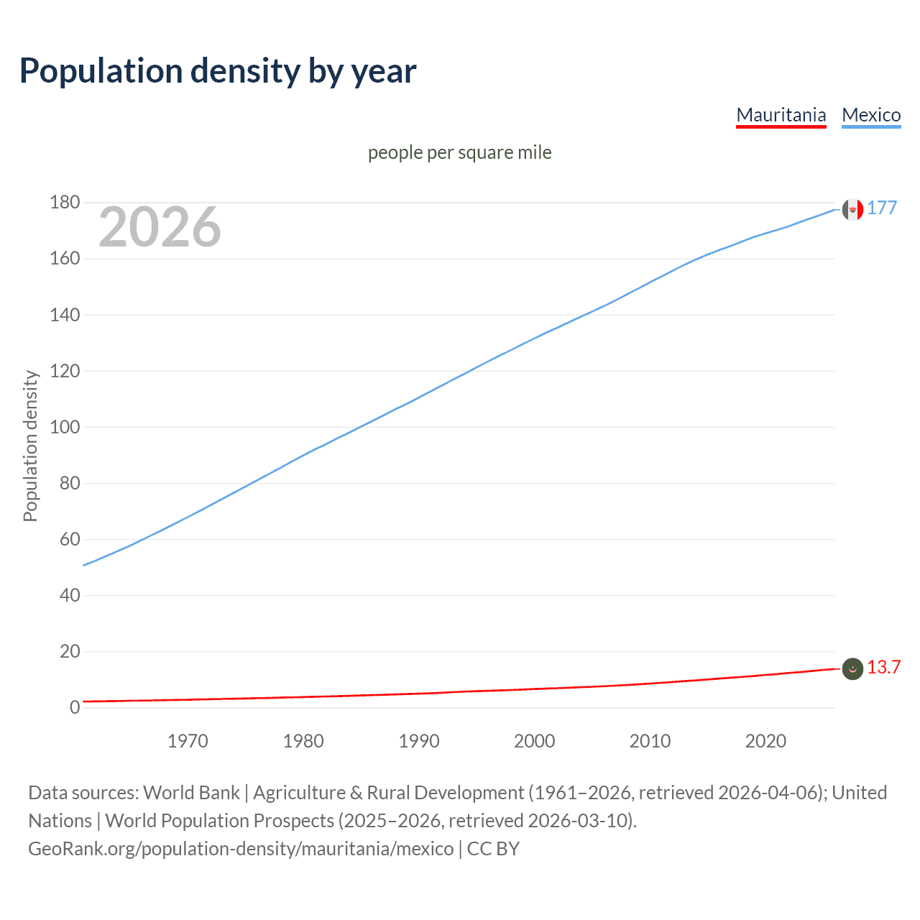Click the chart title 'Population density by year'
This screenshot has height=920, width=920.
coord(218,71)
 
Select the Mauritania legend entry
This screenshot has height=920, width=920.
coord(781,115)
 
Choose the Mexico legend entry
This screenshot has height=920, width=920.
coord(871,115)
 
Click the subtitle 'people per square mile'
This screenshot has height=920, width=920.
coord(459,152)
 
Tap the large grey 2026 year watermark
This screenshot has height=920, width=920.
coord(160,227)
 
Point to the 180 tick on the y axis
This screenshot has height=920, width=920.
coord(65,203)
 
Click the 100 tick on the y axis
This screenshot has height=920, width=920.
coord(65,427)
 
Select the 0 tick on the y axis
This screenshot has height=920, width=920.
coord(75,707)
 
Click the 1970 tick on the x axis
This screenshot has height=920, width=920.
coord(188,741)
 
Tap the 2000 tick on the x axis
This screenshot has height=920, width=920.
coord(534,741)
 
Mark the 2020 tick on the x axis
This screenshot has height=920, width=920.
coord(765,741)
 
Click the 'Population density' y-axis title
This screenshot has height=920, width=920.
coord(30,446)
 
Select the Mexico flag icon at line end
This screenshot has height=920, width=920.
coord(852,209)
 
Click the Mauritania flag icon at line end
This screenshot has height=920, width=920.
coord(852,668)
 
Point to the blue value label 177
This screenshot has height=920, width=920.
coord(882,208)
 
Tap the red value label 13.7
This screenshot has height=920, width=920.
coord(883,667)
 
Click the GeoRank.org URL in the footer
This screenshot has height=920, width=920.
coord(241,849)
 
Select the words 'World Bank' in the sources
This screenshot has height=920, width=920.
coord(191,793)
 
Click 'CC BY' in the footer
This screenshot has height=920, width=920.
coord(493,849)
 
